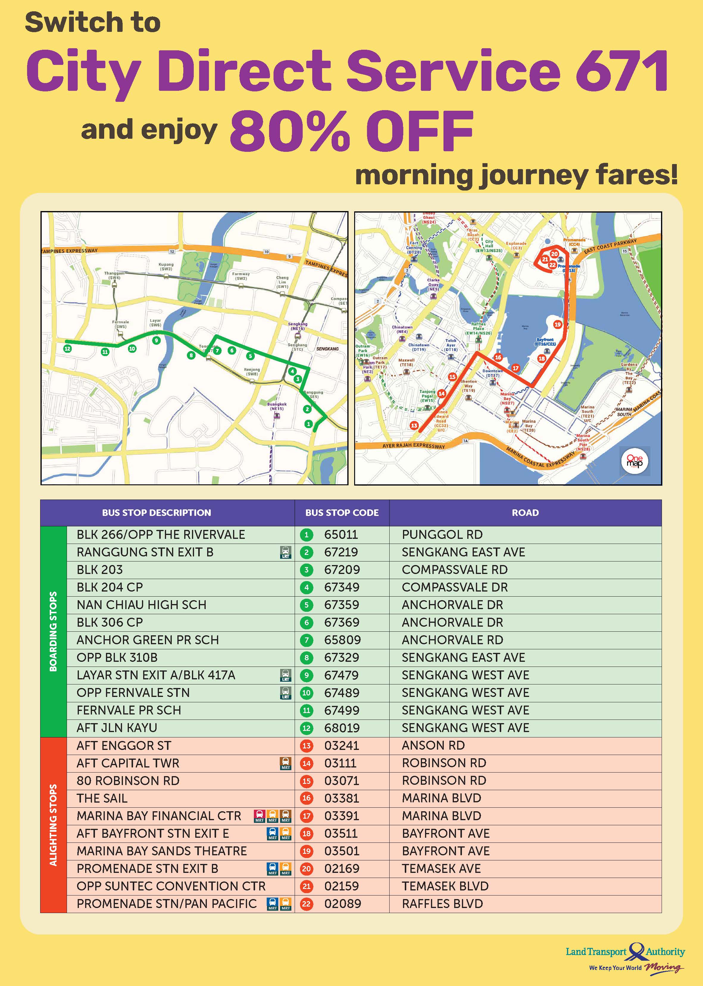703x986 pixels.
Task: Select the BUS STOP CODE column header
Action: [x=342, y=513]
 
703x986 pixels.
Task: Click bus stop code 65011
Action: [x=341, y=535]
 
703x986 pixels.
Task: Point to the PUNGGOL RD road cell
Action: [x=442, y=535]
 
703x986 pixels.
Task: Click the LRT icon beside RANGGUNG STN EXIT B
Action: [x=286, y=553]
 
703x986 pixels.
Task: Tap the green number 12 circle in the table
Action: [x=307, y=728]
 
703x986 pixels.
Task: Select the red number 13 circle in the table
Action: [x=307, y=746]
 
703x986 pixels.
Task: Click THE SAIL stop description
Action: [x=102, y=798]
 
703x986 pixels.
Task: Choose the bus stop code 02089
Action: [x=342, y=904]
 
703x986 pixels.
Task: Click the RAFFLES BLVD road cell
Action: [x=442, y=904]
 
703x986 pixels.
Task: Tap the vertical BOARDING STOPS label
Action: [x=53, y=631]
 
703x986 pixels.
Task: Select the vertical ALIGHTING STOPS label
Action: [x=53, y=825]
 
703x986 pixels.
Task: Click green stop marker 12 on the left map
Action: [x=67, y=349]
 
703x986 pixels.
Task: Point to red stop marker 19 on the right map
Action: [x=557, y=324]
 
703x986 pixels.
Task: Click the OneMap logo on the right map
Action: [x=635, y=461]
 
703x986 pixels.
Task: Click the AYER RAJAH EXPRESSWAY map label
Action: [x=413, y=446]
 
